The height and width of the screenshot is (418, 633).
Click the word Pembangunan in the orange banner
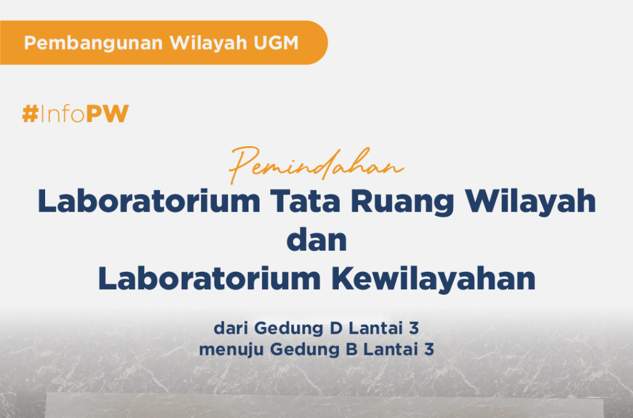coord(93,43)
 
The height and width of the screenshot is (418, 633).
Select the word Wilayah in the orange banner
coord(208,43)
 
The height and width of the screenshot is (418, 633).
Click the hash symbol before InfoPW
coord(30,113)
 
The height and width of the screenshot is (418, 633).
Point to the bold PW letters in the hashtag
coord(108,113)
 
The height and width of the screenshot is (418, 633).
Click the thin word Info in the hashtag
coord(62,113)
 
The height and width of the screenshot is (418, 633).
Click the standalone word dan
coord(316,240)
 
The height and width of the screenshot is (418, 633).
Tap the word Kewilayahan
coord(433,279)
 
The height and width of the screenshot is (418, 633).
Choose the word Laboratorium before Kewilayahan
coord(210,279)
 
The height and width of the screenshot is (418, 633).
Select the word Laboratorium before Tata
coord(149,201)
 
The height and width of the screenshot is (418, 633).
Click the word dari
coord(231,328)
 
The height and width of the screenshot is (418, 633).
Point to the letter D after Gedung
coord(336,328)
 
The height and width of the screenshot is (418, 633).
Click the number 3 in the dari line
coord(414,328)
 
